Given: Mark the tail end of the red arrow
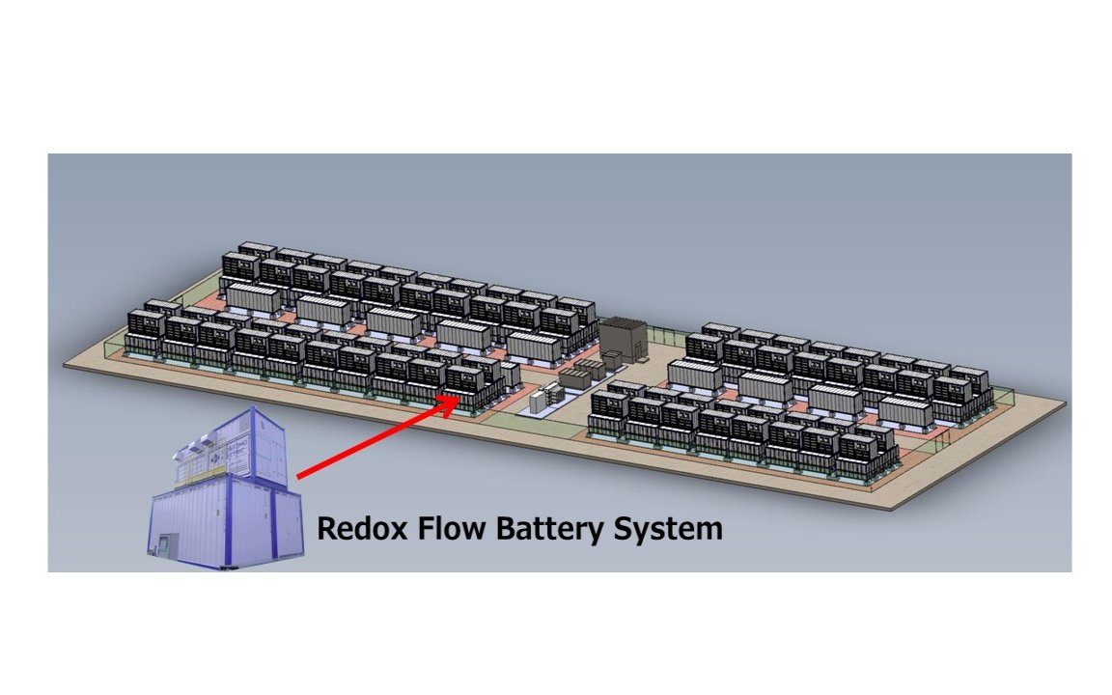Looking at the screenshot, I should click(x=299, y=476).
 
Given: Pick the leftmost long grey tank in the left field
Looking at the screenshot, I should click(x=254, y=298).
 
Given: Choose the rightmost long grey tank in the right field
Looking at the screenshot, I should click(x=904, y=411).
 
